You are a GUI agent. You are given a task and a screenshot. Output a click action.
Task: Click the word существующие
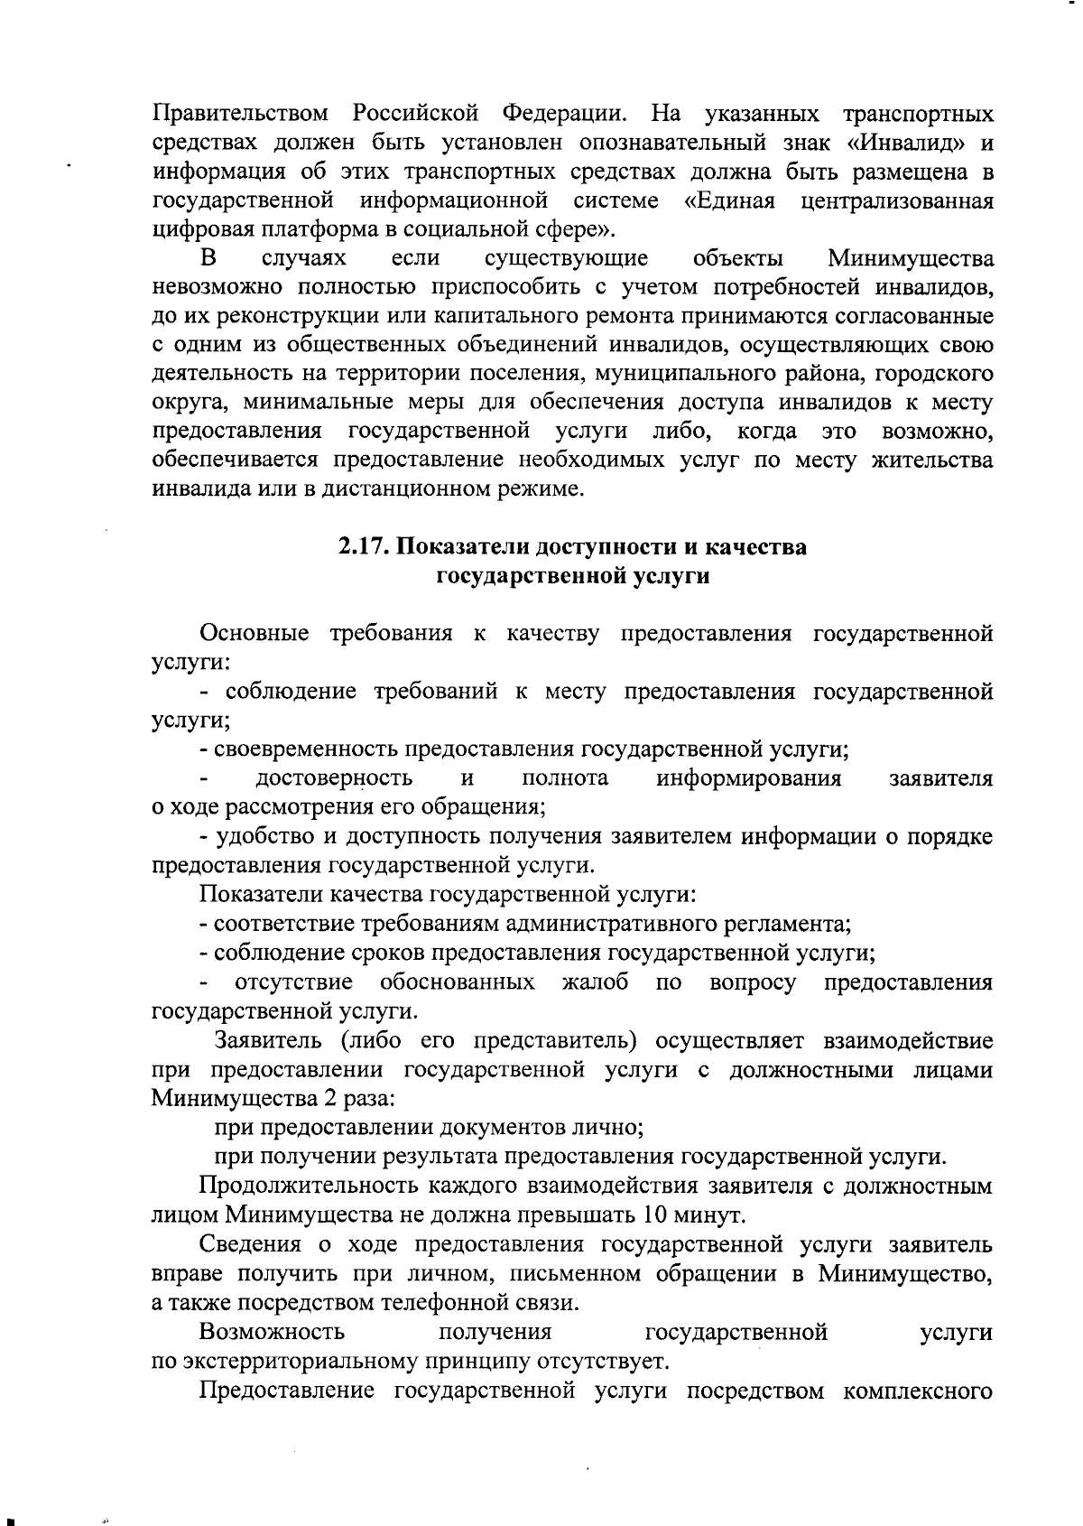point(566,259)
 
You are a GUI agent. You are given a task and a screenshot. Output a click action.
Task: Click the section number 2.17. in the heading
point(366,547)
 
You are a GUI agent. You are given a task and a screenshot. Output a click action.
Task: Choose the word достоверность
point(335,778)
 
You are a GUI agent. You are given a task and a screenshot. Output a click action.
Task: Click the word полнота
point(565,778)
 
